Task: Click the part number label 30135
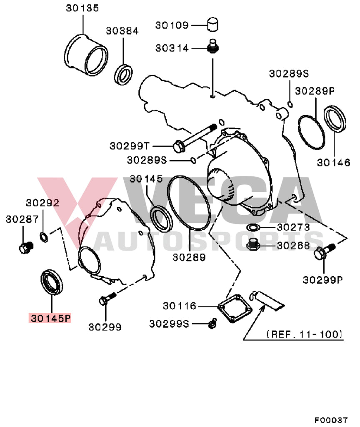(82, 8)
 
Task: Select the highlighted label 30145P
(50, 318)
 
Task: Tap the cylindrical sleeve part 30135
(87, 56)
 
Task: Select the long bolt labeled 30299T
(194, 137)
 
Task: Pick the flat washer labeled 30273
(253, 227)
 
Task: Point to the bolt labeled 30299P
(323, 252)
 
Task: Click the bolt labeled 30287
(25, 247)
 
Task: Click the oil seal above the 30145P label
(52, 283)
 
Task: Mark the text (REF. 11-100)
(305, 334)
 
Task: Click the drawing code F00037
(331, 420)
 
